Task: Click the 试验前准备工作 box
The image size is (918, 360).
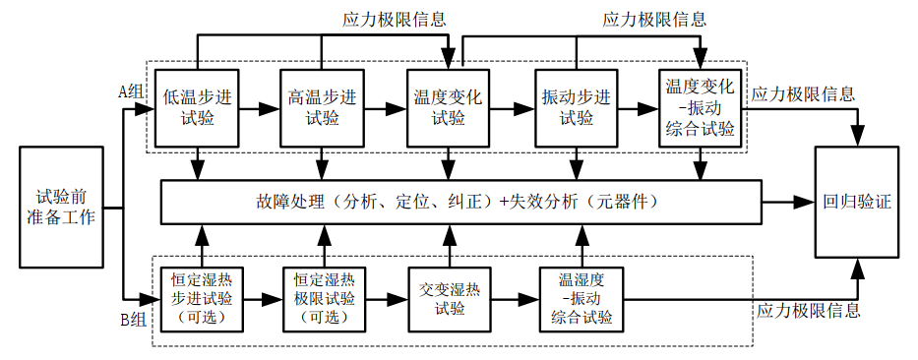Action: pos(59,208)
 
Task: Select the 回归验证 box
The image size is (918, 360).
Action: pos(857,203)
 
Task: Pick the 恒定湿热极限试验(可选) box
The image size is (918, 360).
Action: pos(323,298)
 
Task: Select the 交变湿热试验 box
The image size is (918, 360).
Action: pos(449,298)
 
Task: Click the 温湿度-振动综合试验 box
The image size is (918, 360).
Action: pos(581,298)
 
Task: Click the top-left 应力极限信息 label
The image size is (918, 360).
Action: pos(394,18)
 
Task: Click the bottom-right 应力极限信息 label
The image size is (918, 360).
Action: pos(808,311)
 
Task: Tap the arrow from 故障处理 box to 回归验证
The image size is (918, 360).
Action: pos(787,203)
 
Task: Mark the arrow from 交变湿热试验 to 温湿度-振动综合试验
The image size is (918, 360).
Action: pos(512,298)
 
